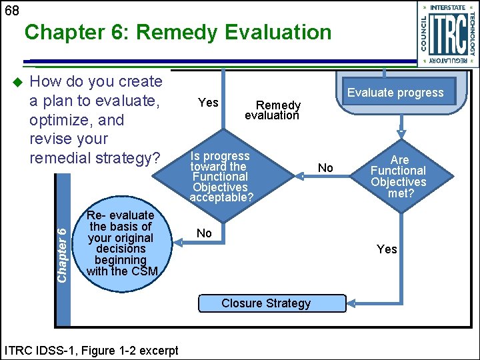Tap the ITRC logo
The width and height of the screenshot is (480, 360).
click(447, 34)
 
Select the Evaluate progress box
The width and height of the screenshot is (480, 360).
click(395, 93)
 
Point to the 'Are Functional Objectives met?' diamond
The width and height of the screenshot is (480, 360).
click(399, 177)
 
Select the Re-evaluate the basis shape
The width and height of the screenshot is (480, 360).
click(120, 243)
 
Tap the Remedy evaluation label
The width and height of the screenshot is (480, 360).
click(273, 110)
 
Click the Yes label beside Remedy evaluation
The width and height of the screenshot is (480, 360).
click(209, 102)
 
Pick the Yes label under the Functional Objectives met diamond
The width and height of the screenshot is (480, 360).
click(387, 249)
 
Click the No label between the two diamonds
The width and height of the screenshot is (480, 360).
click(325, 168)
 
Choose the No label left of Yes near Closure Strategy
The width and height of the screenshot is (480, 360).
click(205, 233)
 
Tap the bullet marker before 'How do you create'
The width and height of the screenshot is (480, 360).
click(18, 82)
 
